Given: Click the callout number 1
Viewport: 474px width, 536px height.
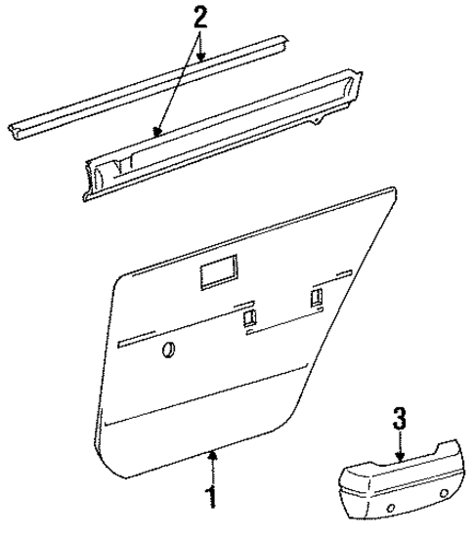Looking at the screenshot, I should pos(209,497).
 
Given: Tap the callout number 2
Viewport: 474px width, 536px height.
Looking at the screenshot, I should pos(200,17).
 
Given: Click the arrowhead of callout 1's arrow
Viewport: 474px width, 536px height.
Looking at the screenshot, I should pos(211,451).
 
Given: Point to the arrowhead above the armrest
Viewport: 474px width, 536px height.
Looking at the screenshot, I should pos(399,458).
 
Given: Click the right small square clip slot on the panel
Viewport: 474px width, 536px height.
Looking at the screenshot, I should pos(318,299).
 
